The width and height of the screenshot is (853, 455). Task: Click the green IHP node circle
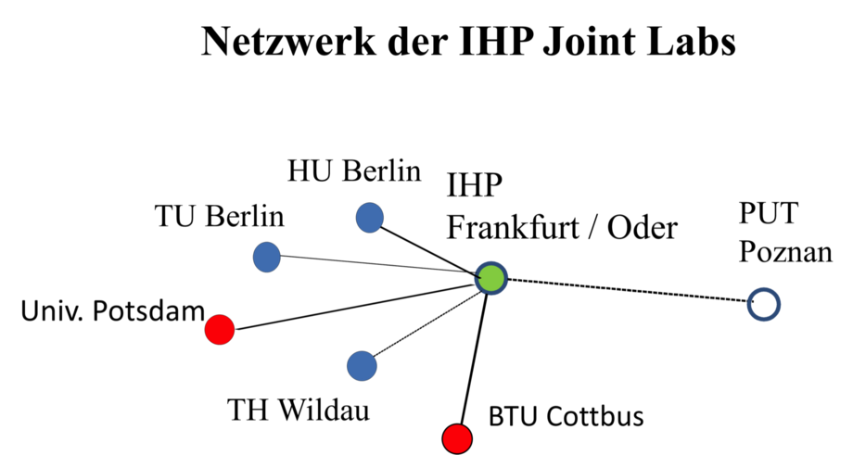(x=490, y=278)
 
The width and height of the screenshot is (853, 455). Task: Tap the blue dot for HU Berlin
(x=370, y=218)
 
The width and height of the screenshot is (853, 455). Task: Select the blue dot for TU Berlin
(x=267, y=257)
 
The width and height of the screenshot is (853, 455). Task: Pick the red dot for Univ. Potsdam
(x=220, y=329)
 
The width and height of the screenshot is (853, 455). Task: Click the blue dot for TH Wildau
(x=362, y=366)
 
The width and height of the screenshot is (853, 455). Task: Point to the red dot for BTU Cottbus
(x=457, y=438)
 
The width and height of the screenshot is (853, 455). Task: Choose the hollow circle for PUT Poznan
(x=764, y=304)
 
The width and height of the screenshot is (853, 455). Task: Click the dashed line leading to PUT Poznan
(x=628, y=290)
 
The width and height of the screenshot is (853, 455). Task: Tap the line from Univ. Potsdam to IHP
(x=356, y=306)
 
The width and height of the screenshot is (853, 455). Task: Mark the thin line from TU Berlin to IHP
(x=378, y=264)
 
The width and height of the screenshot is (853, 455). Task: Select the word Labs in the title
(x=691, y=41)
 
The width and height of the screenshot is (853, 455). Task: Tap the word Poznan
(x=785, y=252)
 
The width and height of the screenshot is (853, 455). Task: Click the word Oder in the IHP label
(x=643, y=227)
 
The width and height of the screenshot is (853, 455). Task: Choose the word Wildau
(x=325, y=410)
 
